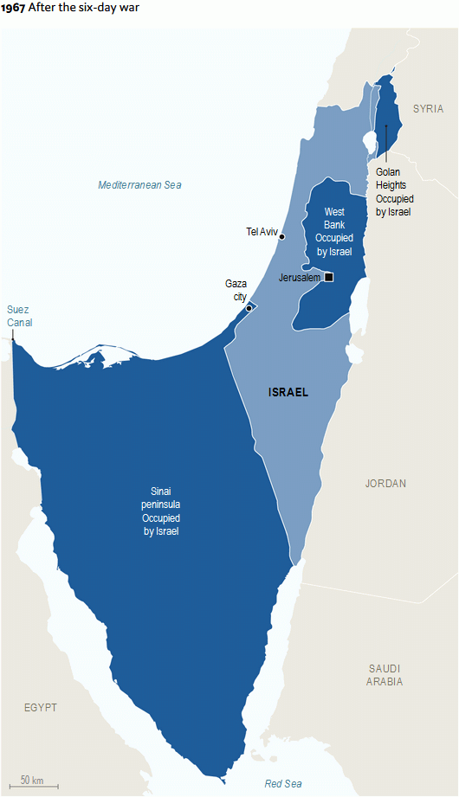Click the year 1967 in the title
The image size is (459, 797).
[x=13, y=7]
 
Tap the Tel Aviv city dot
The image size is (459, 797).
[x=282, y=236]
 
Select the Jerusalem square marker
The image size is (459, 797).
[x=328, y=277]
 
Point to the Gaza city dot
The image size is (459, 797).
[x=249, y=308]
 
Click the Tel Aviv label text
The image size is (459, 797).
[x=262, y=231]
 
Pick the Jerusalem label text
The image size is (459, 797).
[x=300, y=278]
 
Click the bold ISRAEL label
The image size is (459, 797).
[x=288, y=392]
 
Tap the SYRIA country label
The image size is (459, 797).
[x=428, y=109]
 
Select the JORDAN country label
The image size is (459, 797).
[x=385, y=484]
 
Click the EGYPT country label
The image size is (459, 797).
[x=41, y=708]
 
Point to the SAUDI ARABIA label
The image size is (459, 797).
[x=385, y=675]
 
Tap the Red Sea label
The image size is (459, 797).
[x=283, y=783]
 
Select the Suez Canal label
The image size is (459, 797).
[x=19, y=316]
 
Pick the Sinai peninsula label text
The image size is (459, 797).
[x=161, y=511]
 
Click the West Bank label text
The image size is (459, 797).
[x=334, y=231]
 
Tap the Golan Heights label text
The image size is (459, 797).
[x=393, y=191]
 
